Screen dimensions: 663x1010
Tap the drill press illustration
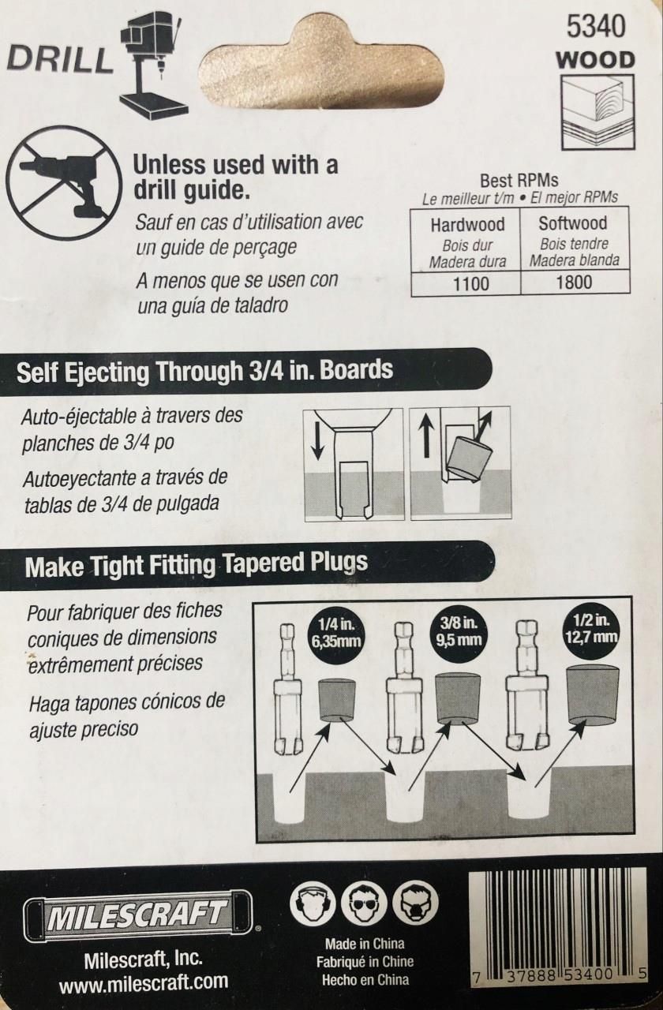[x=153, y=65]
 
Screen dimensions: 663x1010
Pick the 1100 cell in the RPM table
[x=466, y=283]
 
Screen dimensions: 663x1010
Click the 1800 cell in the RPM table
[x=574, y=282]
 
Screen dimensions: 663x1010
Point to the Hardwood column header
[x=466, y=225]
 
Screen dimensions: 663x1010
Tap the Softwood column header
[x=574, y=223]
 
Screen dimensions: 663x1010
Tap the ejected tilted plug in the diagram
[x=468, y=459]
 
